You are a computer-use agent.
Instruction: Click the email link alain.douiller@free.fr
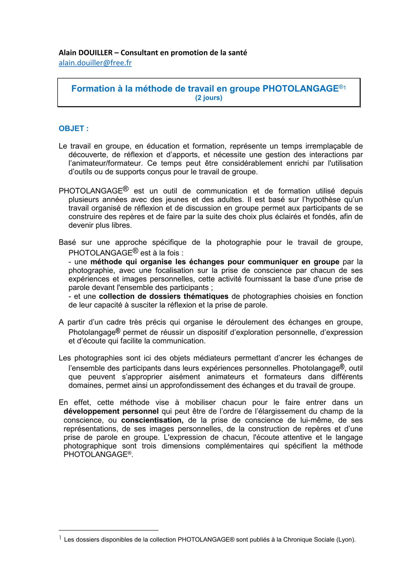tap(95, 63)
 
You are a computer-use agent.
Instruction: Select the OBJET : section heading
tap(73, 129)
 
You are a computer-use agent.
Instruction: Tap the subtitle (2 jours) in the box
tap(209, 98)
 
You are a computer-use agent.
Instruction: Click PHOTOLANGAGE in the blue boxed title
tap(300, 89)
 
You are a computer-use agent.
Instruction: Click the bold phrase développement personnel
tap(111, 411)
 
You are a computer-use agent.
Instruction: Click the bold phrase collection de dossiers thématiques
tap(163, 296)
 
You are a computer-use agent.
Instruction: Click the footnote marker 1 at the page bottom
tap(60, 538)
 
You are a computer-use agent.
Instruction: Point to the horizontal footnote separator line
tap(108, 530)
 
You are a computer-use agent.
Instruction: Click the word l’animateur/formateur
tap(106, 163)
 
